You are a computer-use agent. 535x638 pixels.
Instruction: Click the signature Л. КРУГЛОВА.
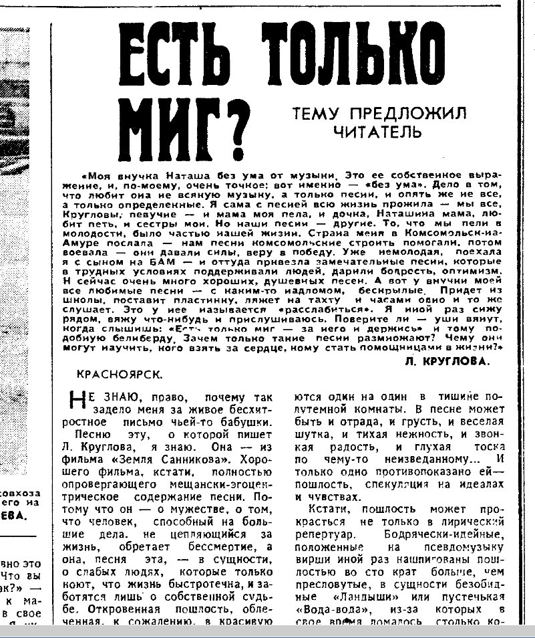pyautogui.click(x=447, y=360)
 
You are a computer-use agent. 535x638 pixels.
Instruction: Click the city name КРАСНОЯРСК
pyautogui.click(x=119, y=375)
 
